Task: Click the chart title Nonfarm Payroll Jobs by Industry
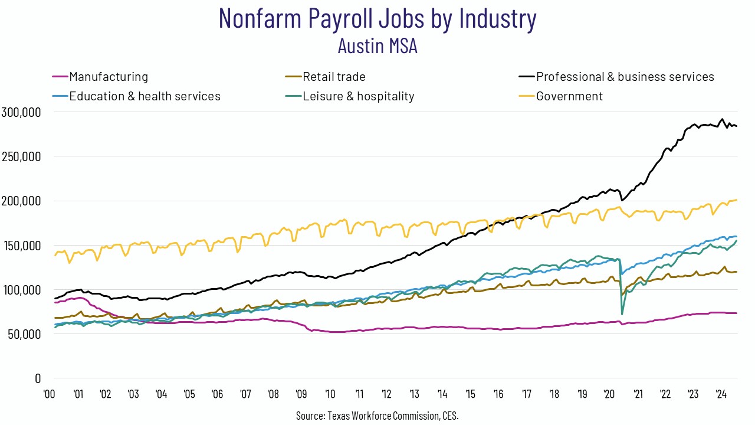pos(377,19)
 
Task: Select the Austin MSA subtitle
pos(377,45)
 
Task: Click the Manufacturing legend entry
pos(109,77)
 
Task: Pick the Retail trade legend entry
pos(334,77)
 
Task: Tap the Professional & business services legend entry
pos(625,77)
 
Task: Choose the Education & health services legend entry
pos(145,96)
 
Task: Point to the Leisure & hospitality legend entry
pos(358,96)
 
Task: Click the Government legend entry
pos(569,96)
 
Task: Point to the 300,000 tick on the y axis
pos(21,112)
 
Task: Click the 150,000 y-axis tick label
pos(21,246)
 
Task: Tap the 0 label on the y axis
pos(37,378)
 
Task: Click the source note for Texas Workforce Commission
pos(377,416)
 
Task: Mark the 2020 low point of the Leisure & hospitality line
pos(622,314)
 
